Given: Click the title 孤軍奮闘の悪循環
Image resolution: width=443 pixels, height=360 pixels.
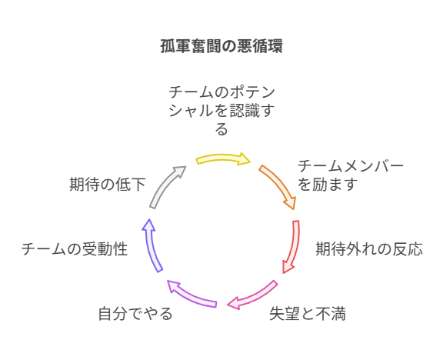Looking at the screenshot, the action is pyautogui.click(x=221, y=46).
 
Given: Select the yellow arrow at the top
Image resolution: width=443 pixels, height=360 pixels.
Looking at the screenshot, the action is pyautogui.click(x=223, y=158).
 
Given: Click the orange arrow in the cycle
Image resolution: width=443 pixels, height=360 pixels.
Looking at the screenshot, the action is pyautogui.click(x=279, y=185).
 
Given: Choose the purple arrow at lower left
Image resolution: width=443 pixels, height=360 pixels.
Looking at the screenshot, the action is pyautogui.click(x=192, y=295).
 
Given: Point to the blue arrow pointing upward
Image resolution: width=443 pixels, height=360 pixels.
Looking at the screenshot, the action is pyautogui.click(x=152, y=245).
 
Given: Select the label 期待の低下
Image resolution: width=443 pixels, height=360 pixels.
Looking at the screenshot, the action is pyautogui.click(x=108, y=185).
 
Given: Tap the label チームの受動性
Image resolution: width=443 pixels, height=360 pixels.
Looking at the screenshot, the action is pyautogui.click(x=75, y=249).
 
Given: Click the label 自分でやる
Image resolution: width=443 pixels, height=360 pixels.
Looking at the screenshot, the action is pyautogui.click(x=135, y=314).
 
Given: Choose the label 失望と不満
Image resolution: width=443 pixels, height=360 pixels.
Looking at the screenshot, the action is pyautogui.click(x=308, y=314).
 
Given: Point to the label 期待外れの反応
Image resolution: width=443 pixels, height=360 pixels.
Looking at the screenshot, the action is pyautogui.click(x=369, y=249).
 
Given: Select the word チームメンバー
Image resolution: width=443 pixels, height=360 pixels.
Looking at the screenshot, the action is pyautogui.click(x=351, y=166).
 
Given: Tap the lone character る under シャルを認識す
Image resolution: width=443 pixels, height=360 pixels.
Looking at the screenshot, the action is pyautogui.click(x=221, y=129).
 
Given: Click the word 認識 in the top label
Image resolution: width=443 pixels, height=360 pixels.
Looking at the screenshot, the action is pyautogui.click(x=244, y=111).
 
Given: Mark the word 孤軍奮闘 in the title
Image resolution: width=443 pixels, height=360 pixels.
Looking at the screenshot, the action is pyautogui.click(x=191, y=46).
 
